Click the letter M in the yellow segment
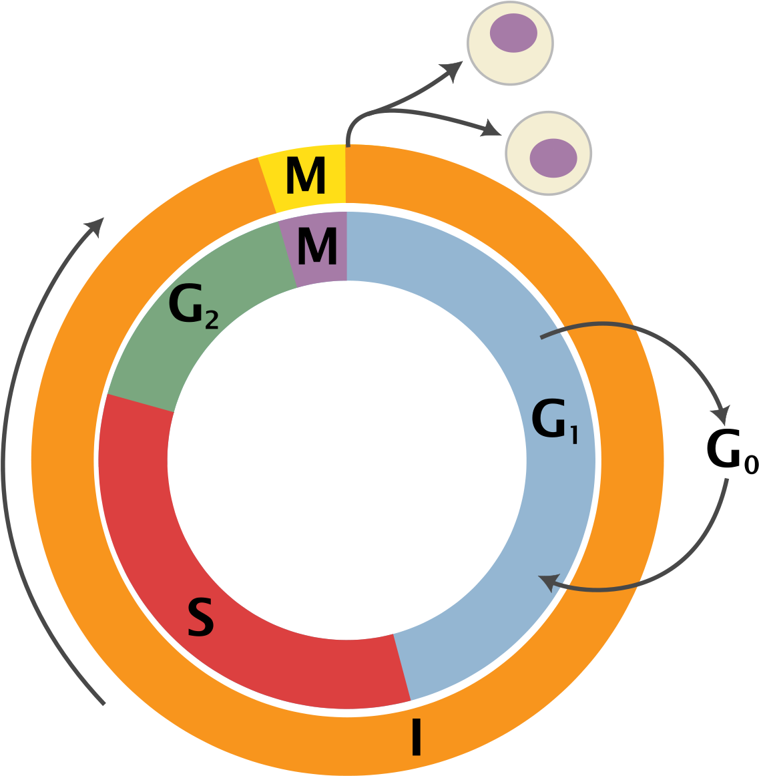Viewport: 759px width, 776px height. tap(305, 176)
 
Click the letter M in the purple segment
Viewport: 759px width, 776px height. tap(317, 247)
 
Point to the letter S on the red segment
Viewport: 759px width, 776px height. tap(200, 618)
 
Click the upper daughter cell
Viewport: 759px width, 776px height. tap(510, 42)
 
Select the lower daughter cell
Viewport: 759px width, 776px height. tap(549, 153)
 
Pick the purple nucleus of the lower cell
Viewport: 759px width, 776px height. tap(553, 158)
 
